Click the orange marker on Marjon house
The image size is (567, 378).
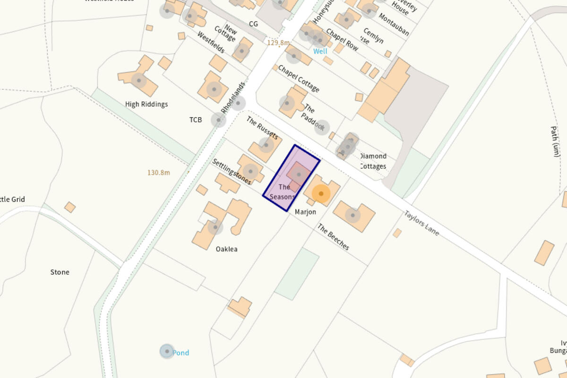[x=321, y=194]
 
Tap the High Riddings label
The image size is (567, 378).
[x=146, y=104]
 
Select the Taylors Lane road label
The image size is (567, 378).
[x=421, y=223]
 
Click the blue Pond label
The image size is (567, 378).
[x=180, y=353]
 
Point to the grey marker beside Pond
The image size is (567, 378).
[x=166, y=351]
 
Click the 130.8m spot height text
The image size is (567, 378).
[x=158, y=172]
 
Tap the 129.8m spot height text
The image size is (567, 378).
[x=278, y=43]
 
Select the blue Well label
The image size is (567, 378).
[x=320, y=51]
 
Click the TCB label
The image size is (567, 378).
[x=196, y=120]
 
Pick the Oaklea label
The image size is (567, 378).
[x=226, y=249]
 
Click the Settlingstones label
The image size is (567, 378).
[x=232, y=172]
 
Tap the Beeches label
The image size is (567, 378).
[x=333, y=237]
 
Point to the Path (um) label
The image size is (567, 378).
[x=555, y=141]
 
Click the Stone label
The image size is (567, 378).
[x=60, y=272]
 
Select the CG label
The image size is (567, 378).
[x=253, y=24]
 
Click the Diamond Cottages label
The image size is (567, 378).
[x=373, y=161]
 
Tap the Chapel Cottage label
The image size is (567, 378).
[x=299, y=78]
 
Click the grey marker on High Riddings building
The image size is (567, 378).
[x=139, y=80]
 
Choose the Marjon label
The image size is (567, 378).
[x=305, y=212]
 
